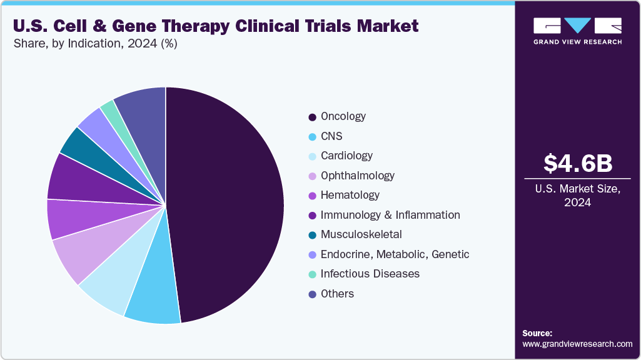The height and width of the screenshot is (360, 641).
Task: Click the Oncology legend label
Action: coord(343,116)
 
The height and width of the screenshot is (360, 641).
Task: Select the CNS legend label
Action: coord(331,136)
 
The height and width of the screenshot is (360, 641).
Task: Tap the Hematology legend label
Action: coord(350,195)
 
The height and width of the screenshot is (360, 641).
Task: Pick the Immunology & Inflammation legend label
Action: coord(390,215)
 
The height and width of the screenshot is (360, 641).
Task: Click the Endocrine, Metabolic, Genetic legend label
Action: coord(395,254)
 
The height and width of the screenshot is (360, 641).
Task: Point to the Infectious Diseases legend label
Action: coord(370,274)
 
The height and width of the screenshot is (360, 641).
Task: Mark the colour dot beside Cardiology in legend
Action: coord(311,156)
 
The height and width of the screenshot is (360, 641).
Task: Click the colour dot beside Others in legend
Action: coord(311,294)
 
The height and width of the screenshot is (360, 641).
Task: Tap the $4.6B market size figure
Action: coord(577,163)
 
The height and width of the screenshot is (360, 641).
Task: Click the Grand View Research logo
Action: coord(577,31)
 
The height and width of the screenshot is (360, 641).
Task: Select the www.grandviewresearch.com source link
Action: coord(577,344)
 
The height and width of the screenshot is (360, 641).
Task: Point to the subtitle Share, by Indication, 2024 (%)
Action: coord(94,44)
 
